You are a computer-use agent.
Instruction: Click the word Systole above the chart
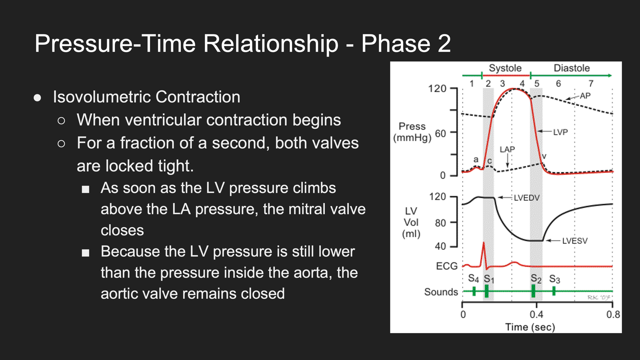pos(505,68)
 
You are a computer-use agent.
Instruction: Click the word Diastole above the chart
pos(572,68)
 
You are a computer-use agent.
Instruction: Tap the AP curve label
pos(585,96)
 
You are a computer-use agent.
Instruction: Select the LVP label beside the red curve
pos(560,132)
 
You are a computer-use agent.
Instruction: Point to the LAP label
pos(507,149)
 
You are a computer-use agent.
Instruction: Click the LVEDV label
pos(526,198)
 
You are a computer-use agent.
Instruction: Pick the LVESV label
pos(575,241)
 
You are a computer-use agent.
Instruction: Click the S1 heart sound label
pos(489,278)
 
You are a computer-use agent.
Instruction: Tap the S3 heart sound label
pos(554,278)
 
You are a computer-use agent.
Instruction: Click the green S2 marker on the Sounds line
pos(533,291)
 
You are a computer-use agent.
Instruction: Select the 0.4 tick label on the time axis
pos(536,314)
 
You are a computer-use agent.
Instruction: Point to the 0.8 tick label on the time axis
pos(613,314)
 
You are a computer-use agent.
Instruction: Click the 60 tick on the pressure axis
pos(440,134)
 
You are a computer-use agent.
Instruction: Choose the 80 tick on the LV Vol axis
pos(440,223)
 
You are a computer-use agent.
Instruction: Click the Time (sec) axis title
pos(530,327)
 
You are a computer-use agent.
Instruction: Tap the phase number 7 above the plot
pos(591,84)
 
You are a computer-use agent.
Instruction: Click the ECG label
pos(446,266)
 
